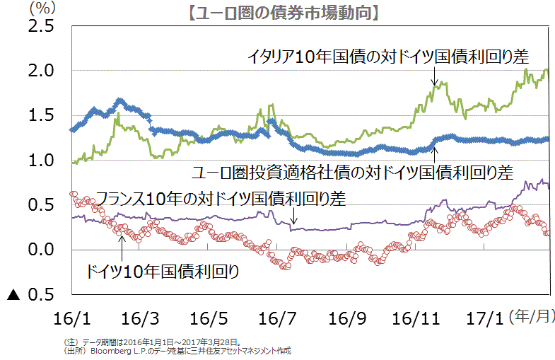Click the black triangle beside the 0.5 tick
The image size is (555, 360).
click(12, 294)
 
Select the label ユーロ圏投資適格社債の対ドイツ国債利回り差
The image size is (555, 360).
click(352, 171)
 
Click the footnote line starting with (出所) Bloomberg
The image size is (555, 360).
click(177, 350)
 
